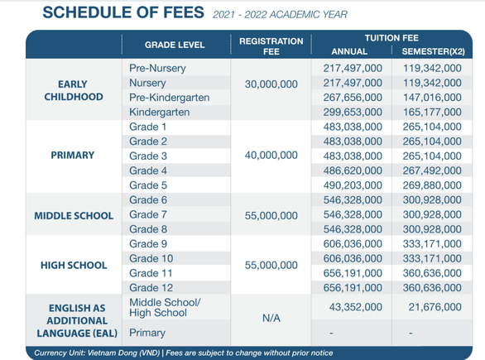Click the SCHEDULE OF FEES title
point(123,12)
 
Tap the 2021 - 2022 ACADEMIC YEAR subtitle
point(281,15)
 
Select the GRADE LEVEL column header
point(175,45)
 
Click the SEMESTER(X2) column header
point(433,51)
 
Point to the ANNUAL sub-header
point(349,51)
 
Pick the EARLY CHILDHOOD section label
point(74,90)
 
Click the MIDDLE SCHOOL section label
point(74,215)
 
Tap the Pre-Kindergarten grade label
point(169,98)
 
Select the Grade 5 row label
point(148,185)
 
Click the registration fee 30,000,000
point(271,84)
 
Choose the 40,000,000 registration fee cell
point(271,155)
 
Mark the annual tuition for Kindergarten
point(353,112)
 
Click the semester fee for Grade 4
point(432,170)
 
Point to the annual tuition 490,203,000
point(353,185)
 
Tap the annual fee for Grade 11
point(353,273)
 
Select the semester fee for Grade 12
point(432,288)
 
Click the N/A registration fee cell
point(271,318)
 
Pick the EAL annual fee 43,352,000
point(355,307)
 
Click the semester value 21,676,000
point(435,307)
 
